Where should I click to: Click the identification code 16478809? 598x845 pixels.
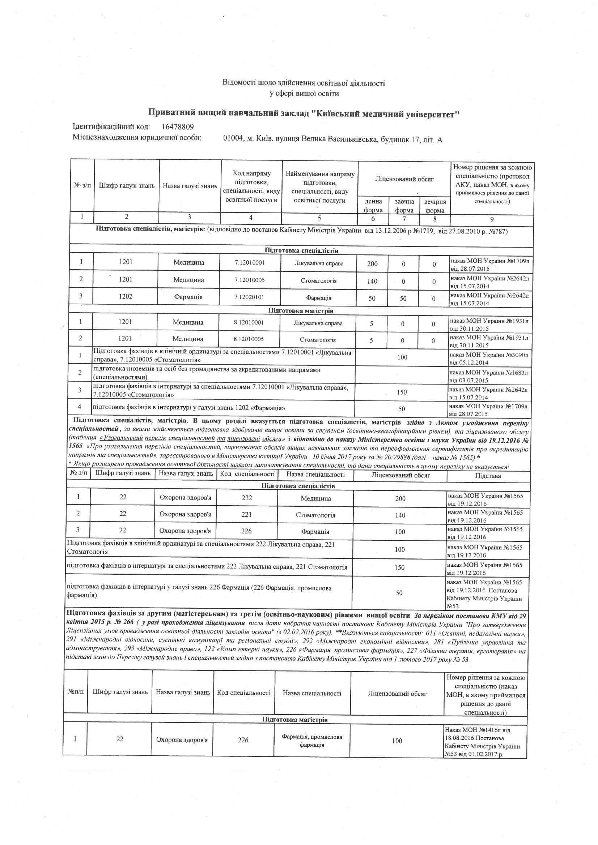(x=178, y=127)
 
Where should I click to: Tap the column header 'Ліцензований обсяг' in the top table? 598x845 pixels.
(x=404, y=179)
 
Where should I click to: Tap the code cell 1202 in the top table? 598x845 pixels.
(x=126, y=297)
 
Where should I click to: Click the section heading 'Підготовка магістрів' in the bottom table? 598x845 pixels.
(x=295, y=720)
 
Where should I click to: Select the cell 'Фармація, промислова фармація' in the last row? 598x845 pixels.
(x=312, y=741)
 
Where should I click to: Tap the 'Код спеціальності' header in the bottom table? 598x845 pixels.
(x=243, y=692)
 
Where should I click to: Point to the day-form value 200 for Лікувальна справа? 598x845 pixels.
(x=372, y=264)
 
